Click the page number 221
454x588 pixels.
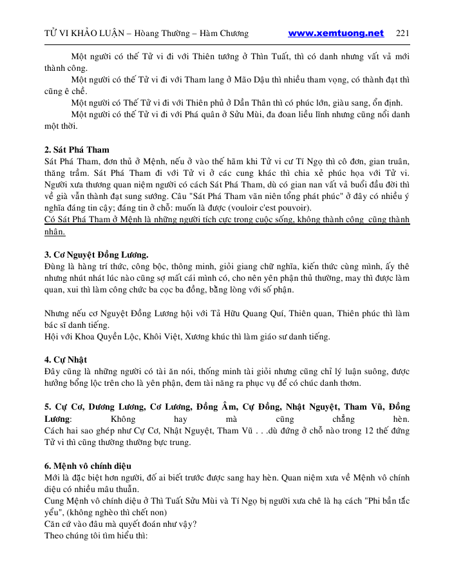click(402, 33)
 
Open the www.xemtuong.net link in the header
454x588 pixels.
click(336, 33)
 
